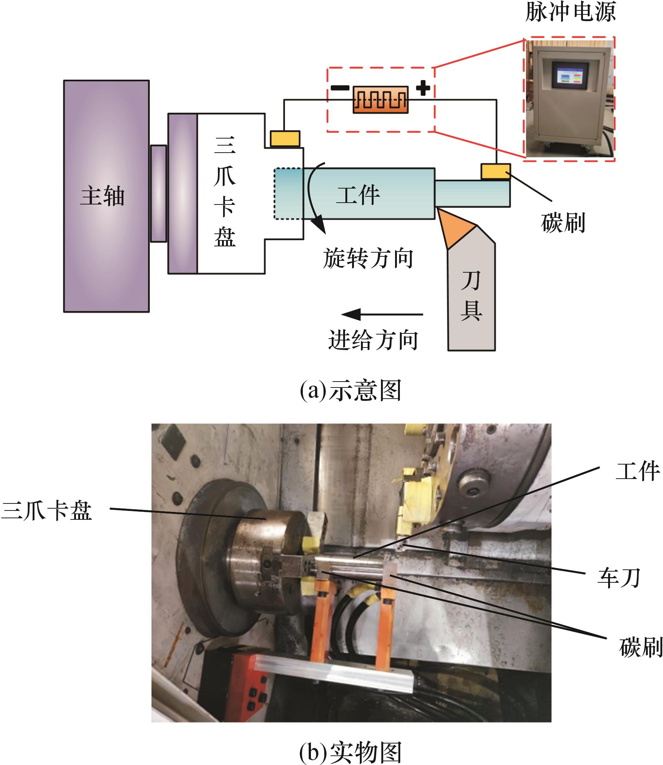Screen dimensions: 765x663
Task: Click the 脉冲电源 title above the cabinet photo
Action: pos(570,12)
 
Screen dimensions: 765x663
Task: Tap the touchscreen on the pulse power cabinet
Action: pos(570,79)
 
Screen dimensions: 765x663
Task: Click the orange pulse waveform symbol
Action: pos(380,100)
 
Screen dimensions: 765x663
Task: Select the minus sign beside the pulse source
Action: pos(339,88)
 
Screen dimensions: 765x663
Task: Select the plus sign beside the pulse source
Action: pos(423,88)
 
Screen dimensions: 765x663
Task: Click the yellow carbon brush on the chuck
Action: pos(285,138)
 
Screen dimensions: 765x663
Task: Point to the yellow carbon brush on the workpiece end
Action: pos(495,172)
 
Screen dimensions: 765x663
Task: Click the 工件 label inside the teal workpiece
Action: pos(358,195)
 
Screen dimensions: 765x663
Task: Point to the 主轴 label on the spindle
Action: pos(102,196)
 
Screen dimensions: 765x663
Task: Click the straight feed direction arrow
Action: pos(382,315)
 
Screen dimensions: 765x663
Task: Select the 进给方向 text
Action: pos(373,340)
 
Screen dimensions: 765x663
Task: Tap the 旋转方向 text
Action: pos(368,258)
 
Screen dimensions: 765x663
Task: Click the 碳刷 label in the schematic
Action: pos(563,223)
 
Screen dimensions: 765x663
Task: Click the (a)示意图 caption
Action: pos(350,390)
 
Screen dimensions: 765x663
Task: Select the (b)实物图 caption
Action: pos(350,751)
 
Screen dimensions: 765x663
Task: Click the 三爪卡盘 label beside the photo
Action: pos(47,511)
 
